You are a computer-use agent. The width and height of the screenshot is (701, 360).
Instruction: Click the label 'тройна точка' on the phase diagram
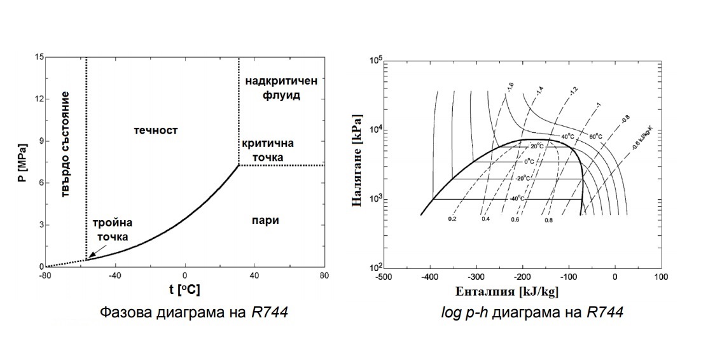[x=112, y=230]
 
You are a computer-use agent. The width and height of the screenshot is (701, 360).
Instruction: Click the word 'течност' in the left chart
[x=156, y=130]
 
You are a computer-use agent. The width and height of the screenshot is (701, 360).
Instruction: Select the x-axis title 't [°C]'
[x=184, y=289]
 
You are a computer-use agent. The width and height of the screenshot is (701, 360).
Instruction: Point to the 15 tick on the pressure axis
[x=39, y=58]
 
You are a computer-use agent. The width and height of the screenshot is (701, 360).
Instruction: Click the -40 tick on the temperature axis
[x=115, y=275]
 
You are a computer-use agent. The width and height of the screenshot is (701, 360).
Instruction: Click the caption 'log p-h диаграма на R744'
[x=532, y=312]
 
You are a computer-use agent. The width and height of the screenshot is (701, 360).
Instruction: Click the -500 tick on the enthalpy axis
[x=383, y=277]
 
